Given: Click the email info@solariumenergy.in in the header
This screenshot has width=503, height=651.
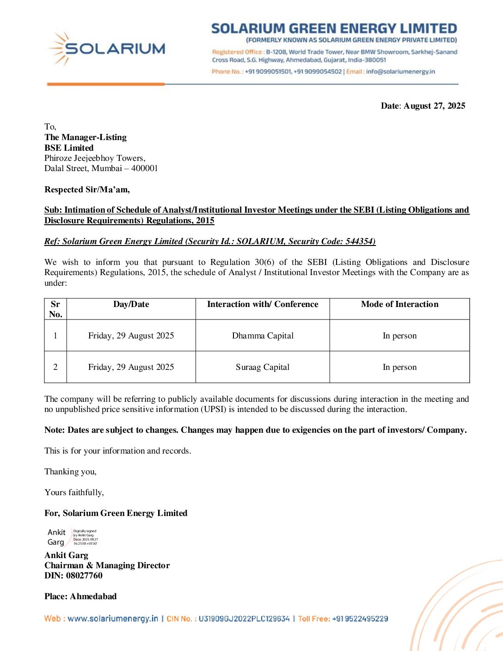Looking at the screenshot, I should pyautogui.click(x=400, y=72).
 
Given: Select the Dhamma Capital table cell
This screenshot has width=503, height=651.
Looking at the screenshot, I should pyautogui.click(x=263, y=336).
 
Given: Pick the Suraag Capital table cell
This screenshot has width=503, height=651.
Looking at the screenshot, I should pyautogui.click(x=263, y=367).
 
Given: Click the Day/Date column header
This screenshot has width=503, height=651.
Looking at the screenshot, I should pyautogui.click(x=131, y=304).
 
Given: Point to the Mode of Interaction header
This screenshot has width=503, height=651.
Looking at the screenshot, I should pyautogui.click(x=399, y=304).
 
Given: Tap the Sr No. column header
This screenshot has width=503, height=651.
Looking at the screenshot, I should pyautogui.click(x=55, y=309).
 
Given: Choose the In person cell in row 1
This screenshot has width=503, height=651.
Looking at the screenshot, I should pyautogui.click(x=399, y=336).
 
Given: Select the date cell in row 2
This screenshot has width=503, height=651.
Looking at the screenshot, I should pyautogui.click(x=131, y=367).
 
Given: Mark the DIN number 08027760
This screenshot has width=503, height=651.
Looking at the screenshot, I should pyautogui.click(x=84, y=576).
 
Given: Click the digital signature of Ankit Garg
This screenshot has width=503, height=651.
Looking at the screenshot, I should pyautogui.click(x=72, y=537).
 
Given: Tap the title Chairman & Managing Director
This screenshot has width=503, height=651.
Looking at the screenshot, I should pyautogui.click(x=107, y=565).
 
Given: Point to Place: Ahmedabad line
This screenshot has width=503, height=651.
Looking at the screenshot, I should pyautogui.click(x=80, y=596).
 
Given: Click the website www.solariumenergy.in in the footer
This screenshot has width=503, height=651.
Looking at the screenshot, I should pyautogui.click(x=113, y=619).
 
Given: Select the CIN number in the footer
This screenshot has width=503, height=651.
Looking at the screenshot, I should pyautogui.click(x=244, y=619).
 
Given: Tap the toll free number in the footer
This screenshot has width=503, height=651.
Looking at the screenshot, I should pyautogui.click(x=360, y=619).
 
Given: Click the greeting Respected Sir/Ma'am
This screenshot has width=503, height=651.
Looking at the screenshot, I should pyautogui.click(x=87, y=190).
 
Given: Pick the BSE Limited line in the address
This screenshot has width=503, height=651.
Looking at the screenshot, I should pyautogui.click(x=69, y=148).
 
